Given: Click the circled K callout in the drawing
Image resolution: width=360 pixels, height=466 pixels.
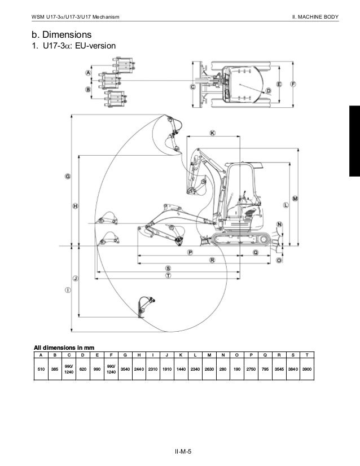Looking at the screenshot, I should [x=212, y=134].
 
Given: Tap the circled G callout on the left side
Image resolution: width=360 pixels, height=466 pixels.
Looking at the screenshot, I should [x=68, y=177].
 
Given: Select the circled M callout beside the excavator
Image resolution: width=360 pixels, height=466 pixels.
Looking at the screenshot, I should [x=295, y=199].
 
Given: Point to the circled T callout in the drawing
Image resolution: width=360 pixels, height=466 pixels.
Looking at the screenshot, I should [x=168, y=275].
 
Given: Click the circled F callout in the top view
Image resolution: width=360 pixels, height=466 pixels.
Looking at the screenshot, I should [x=293, y=83].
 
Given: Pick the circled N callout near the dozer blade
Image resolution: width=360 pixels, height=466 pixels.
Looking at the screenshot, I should [x=279, y=224].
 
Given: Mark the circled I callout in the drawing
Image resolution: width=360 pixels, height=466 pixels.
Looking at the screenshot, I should [x=68, y=290].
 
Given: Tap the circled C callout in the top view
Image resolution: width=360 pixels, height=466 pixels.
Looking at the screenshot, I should [x=193, y=87].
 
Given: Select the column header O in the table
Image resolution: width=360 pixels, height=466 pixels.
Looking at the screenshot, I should [x=236, y=355].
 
